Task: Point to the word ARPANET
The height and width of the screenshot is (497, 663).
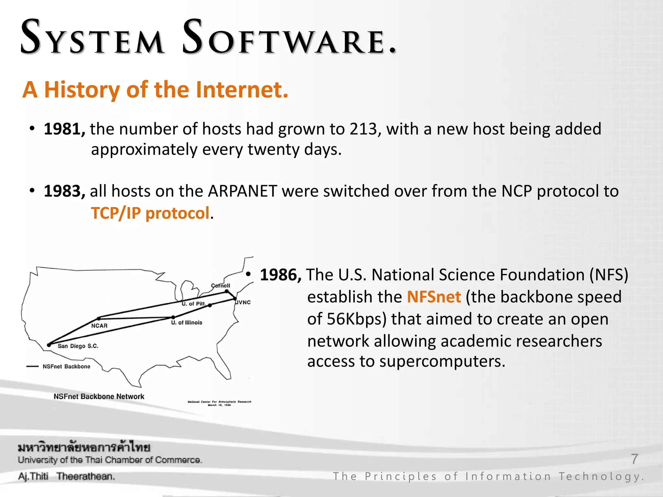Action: click(242, 191)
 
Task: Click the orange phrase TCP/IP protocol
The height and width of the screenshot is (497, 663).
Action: click(150, 213)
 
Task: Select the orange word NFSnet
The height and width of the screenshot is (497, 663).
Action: click(434, 297)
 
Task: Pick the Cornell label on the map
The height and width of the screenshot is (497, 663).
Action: click(220, 286)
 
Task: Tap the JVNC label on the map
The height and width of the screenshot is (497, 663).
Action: click(243, 303)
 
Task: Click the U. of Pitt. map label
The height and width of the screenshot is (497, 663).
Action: click(194, 304)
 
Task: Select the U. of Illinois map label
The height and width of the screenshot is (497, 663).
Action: click(187, 323)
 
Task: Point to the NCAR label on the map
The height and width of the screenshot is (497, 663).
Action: click(99, 326)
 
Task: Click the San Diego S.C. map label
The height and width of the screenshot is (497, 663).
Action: click(78, 346)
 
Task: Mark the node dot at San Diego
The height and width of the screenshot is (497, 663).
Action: click(49, 345)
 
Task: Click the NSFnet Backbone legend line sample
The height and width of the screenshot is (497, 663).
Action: click(32, 367)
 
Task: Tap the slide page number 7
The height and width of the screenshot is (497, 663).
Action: click(635, 459)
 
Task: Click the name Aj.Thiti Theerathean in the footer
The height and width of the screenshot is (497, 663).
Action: click(66, 476)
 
